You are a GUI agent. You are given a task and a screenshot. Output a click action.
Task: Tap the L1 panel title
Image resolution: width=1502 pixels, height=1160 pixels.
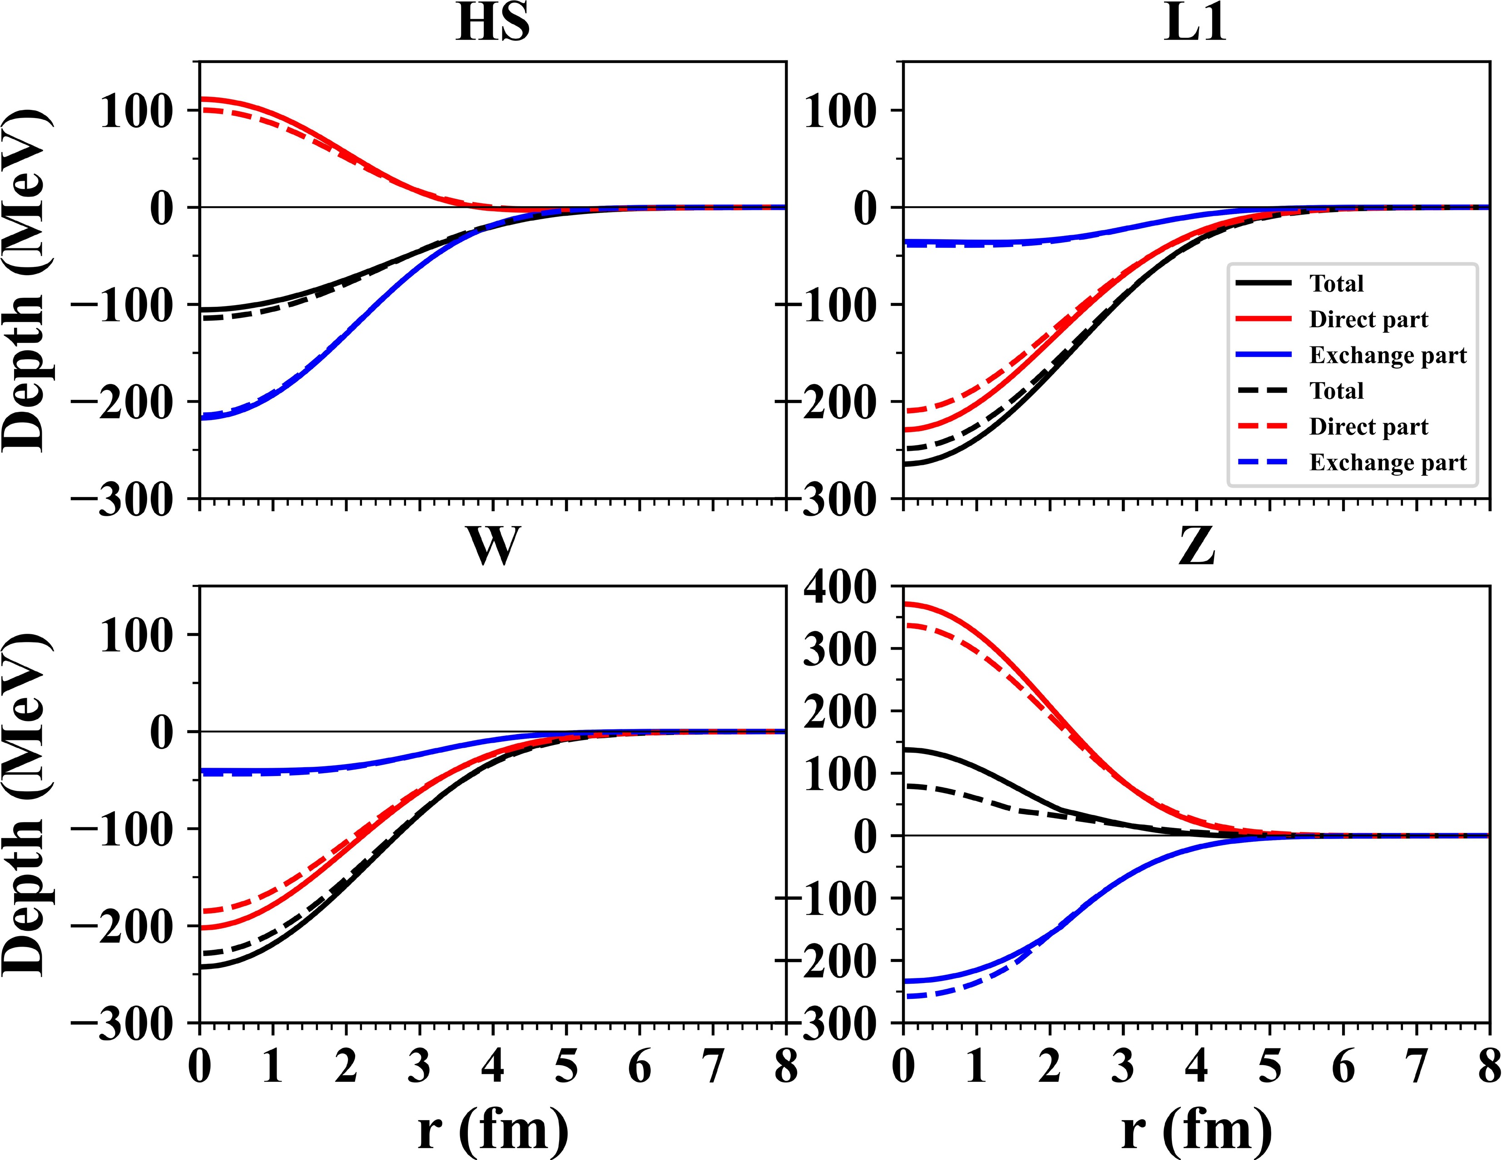click(1195, 25)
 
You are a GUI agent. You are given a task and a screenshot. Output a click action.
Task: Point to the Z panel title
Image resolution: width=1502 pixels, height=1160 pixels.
click(1197, 547)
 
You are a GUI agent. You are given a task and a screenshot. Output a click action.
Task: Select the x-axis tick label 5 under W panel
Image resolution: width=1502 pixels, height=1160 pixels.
click(566, 1067)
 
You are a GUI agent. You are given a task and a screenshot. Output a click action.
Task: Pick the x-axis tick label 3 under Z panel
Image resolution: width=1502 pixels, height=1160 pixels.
click(1123, 1067)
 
